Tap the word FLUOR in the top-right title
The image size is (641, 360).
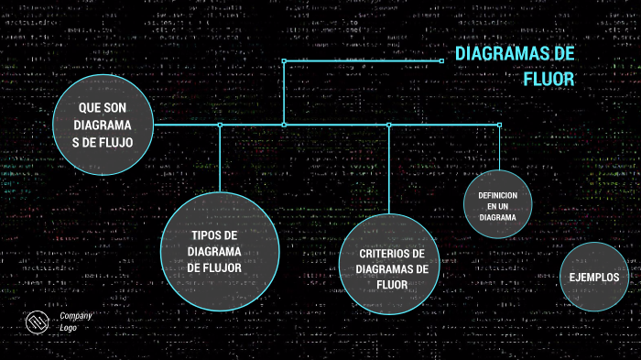pos(548,80)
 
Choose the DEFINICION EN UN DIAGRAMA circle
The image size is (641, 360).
pos(497,206)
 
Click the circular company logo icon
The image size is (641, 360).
pos(38,322)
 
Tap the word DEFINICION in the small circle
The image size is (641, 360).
pos(497,196)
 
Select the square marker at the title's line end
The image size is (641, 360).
pos(441,60)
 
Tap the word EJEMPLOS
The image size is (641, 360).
pos(593,278)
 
